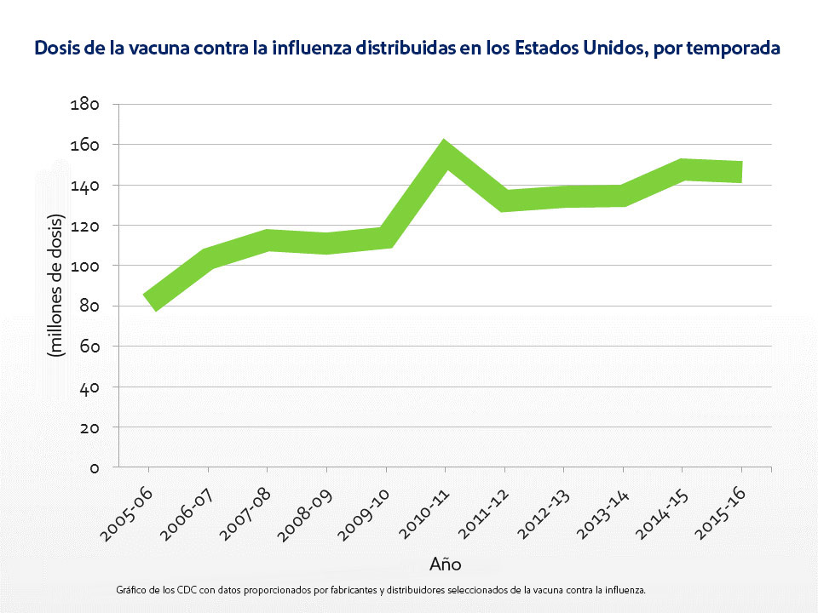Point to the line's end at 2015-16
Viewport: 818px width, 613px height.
(740, 171)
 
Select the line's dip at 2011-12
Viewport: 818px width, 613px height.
(504, 201)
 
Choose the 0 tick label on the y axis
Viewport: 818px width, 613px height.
(95, 467)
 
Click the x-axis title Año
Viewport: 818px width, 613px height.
(445, 564)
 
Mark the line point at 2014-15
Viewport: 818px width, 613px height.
(682, 169)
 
